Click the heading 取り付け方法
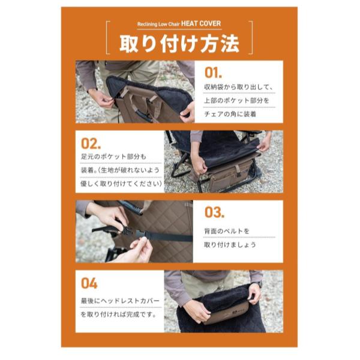pyautogui.click(x=179, y=43)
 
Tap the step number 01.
pyautogui.click(x=214, y=73)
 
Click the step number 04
pyautogui.click(x=89, y=282)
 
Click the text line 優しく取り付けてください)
pyautogui.click(x=120, y=184)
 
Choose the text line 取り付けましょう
pyautogui.click(x=230, y=244)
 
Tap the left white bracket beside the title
pyautogui.click(x=109, y=38)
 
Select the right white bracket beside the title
pyautogui.click(x=250, y=38)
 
